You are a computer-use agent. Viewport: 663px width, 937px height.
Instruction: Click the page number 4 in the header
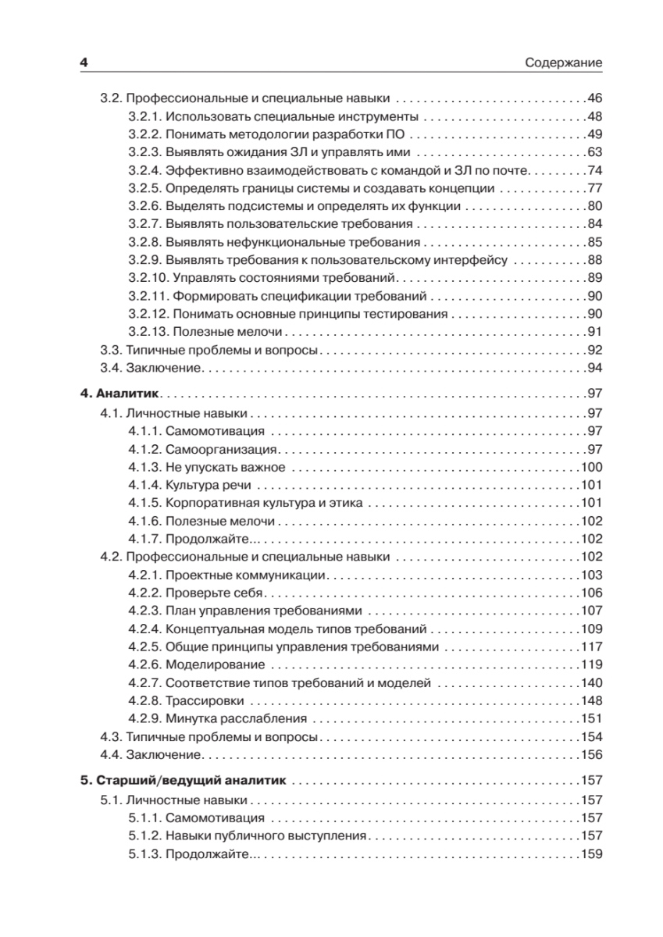(83, 62)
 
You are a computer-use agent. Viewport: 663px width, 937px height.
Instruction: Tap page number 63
(596, 152)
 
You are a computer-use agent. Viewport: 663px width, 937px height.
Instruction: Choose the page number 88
(596, 260)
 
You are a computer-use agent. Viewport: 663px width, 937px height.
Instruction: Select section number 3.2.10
(147, 278)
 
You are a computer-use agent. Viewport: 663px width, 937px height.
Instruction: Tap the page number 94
(596, 368)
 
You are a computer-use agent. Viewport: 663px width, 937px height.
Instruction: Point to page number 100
(593, 468)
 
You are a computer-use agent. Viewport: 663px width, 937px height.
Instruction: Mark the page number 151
(593, 718)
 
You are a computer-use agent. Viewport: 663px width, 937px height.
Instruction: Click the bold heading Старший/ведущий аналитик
(190, 781)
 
